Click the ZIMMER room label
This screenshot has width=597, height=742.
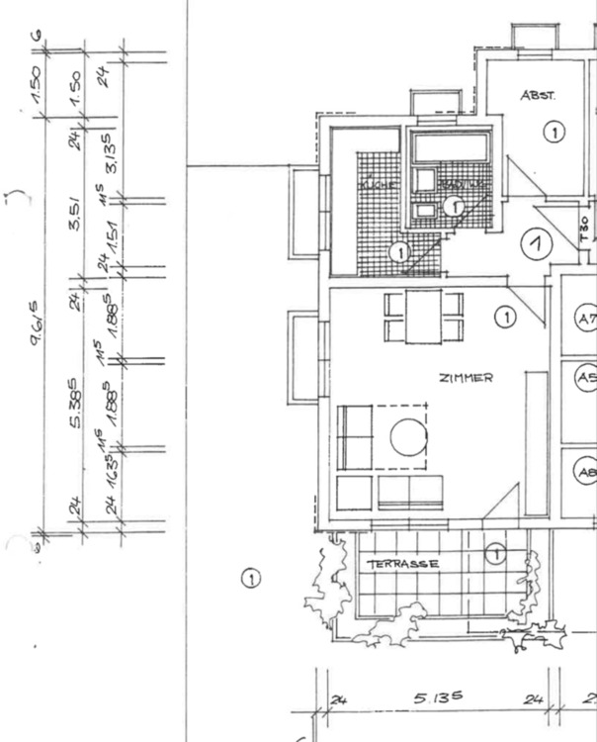point(467,377)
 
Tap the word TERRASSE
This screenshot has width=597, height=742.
point(403,564)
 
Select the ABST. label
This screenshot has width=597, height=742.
point(539,96)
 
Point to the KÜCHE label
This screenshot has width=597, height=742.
point(377,185)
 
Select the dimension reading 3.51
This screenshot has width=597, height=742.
point(77,226)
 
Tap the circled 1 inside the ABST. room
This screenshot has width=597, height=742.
point(553,131)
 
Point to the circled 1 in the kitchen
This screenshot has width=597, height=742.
point(399,252)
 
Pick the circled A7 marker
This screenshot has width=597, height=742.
point(586,319)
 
